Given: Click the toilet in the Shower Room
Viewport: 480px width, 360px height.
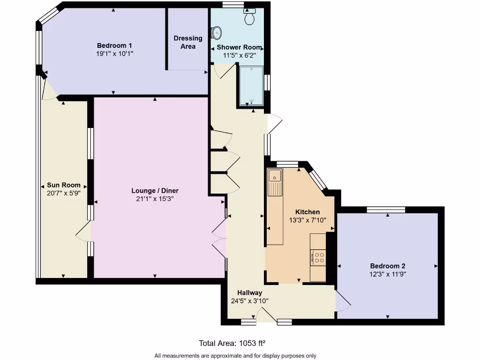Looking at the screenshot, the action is pyautogui.click(x=249, y=18).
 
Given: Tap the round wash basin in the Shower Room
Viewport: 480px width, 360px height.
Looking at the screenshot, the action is pyautogui.click(x=217, y=33).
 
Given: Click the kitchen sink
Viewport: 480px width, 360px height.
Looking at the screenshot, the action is pyautogui.click(x=274, y=176).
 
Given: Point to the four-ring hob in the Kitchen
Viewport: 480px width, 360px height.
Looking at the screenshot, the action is pyautogui.click(x=319, y=257).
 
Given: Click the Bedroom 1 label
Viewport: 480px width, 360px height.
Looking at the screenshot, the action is pyautogui.click(x=114, y=45).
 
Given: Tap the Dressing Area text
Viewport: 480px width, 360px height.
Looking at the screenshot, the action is pyautogui.click(x=188, y=42).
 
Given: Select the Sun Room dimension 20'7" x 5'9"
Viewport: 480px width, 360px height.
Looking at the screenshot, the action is pyautogui.click(x=64, y=193).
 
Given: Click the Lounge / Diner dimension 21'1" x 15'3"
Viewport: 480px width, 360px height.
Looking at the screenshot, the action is pyautogui.click(x=155, y=199).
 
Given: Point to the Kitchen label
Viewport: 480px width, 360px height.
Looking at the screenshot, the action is pyautogui.click(x=307, y=212).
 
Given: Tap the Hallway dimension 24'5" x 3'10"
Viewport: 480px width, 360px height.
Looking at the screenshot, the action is pyautogui.click(x=249, y=301).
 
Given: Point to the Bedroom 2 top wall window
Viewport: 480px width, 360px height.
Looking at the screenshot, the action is pyautogui.click(x=386, y=210).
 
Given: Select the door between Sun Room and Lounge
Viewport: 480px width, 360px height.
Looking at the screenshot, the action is pyautogui.click(x=83, y=232).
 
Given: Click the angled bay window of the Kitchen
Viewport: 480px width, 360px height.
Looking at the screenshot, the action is pyautogui.click(x=318, y=179).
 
